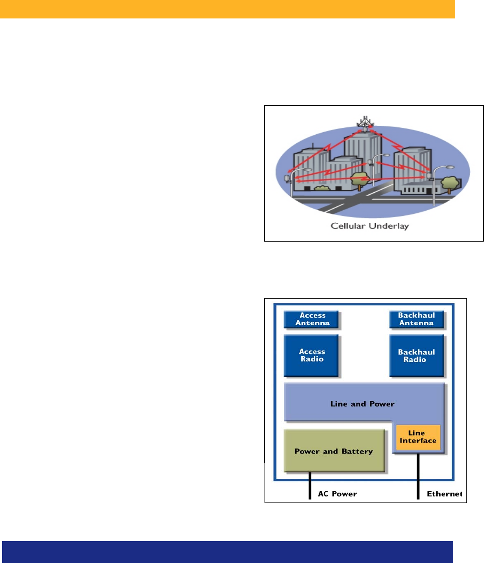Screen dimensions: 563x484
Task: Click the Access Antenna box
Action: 312,319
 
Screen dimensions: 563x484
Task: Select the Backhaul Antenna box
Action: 416,319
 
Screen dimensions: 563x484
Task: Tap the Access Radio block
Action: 312,355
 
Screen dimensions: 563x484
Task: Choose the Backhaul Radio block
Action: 416,356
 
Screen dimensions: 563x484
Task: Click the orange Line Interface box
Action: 418,437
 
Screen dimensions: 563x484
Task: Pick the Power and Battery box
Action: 334,451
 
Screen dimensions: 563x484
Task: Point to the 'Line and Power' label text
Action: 362,404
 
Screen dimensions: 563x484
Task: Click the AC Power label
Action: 338,494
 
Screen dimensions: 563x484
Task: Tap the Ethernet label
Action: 444,494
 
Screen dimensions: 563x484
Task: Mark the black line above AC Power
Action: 310,485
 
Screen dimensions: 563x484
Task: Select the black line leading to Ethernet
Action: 418,476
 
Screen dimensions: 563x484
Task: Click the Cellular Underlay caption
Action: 369,226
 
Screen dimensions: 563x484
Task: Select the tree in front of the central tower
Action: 359,179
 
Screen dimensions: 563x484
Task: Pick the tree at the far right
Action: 449,184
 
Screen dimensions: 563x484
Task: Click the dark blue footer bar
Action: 227,551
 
